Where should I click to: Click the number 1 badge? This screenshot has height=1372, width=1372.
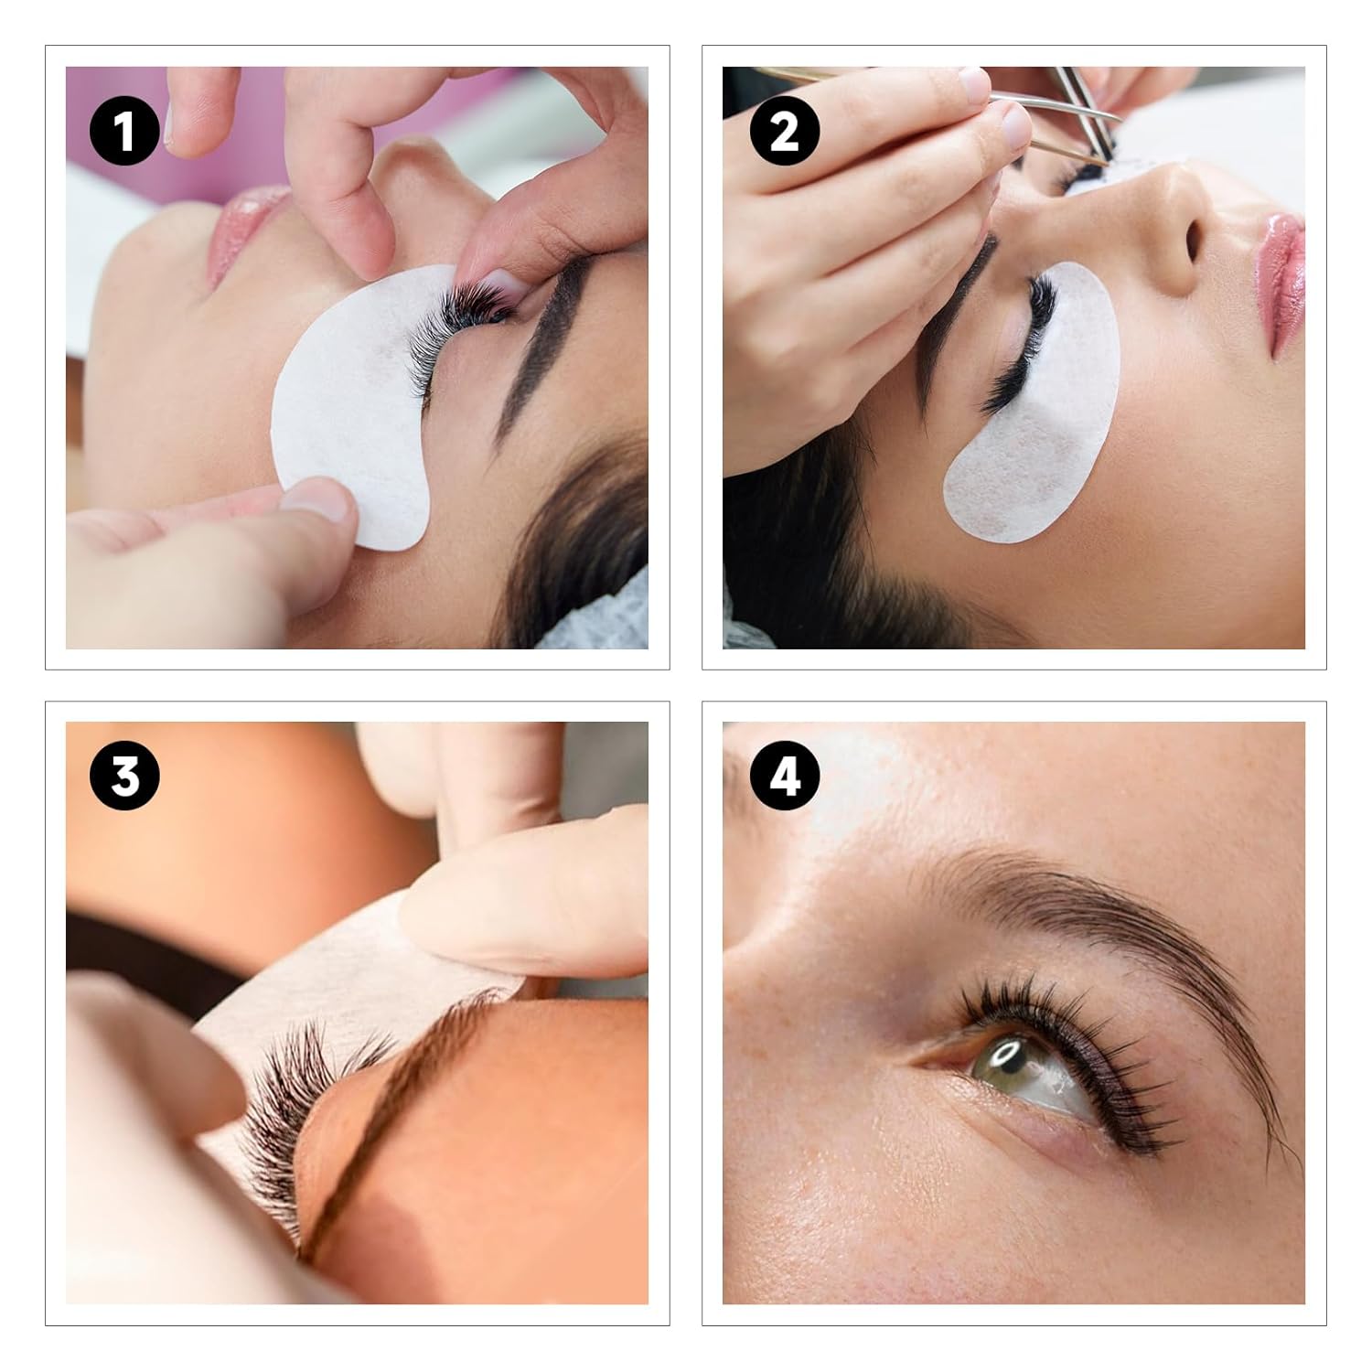pos(125,130)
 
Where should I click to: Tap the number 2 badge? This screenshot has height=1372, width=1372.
pos(784,130)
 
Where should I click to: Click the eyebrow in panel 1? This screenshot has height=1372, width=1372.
pos(540,348)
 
